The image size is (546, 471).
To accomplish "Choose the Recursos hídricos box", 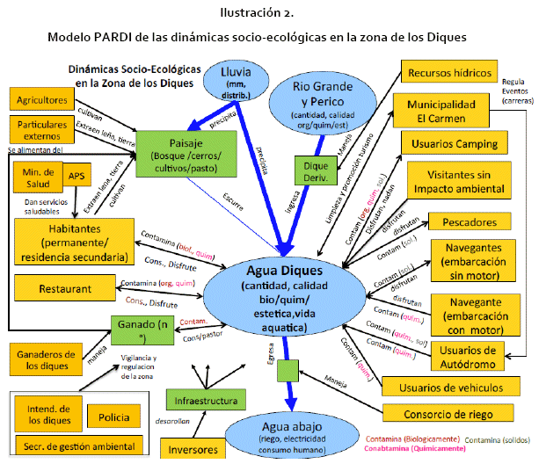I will coord(448,73).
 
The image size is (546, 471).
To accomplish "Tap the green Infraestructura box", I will coord(205,401).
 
